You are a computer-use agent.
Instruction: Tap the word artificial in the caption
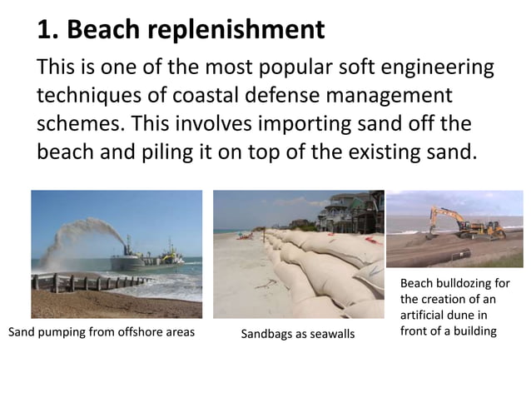click(421, 316)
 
